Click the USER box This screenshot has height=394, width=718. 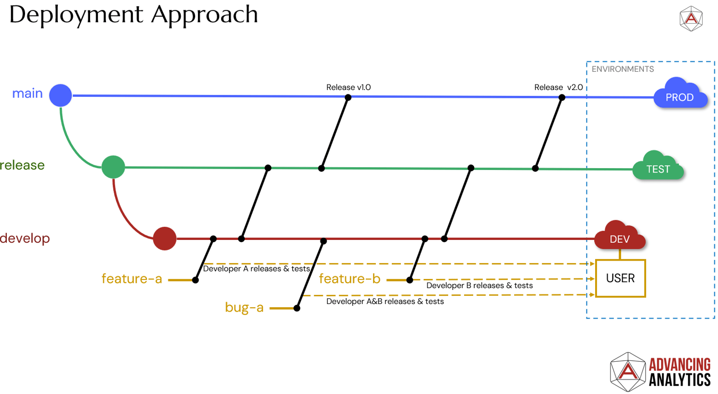620,278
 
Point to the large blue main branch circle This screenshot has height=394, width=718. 61,95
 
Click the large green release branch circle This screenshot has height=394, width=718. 113,167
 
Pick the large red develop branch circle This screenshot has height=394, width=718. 165,238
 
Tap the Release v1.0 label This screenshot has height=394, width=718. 348,87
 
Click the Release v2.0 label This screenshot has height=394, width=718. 558,87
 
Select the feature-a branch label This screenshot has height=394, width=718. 132,278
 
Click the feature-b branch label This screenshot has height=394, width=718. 349,278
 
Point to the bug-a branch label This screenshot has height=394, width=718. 244,307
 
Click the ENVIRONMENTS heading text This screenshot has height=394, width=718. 623,69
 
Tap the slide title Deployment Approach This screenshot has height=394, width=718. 133,14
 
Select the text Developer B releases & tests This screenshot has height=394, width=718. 479,286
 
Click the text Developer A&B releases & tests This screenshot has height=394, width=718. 385,302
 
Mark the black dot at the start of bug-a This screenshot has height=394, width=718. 297,308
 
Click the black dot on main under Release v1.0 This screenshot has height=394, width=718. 348,97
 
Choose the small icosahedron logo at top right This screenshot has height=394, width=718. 691,19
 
